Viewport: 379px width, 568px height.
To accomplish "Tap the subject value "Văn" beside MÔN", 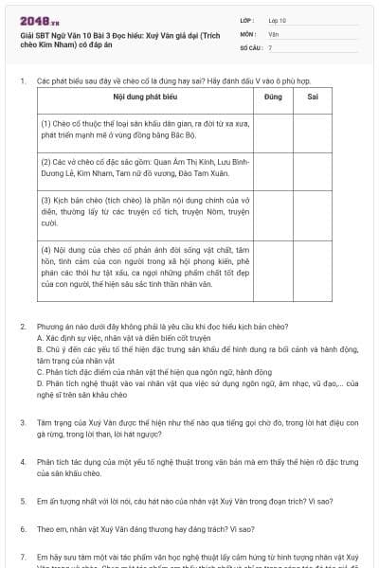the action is point(274,33).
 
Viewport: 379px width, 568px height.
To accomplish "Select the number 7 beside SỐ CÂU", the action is point(270,46).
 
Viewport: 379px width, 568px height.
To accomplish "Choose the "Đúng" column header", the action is point(274,97).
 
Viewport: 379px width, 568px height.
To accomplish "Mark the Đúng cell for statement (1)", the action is point(274,130).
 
